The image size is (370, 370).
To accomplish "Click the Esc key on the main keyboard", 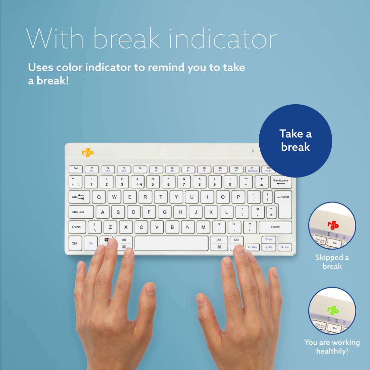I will [x=76, y=169].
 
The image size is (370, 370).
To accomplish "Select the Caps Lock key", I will [x=81, y=212].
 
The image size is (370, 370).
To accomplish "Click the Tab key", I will [x=79, y=197].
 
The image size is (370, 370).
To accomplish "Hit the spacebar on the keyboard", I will [x=172, y=243].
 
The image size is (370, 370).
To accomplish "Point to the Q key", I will [x=99, y=197].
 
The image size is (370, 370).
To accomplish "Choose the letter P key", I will [x=238, y=197].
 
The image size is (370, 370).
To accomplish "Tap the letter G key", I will [x=164, y=212].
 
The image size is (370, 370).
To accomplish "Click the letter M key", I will [x=203, y=227].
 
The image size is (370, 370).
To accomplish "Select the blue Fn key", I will [x=91, y=243].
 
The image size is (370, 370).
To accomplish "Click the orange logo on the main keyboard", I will [x=87, y=152].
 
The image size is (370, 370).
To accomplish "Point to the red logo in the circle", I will [x=333, y=225].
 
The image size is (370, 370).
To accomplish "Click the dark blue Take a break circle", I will [x=295, y=141].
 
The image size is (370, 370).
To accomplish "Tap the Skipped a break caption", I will [x=332, y=262].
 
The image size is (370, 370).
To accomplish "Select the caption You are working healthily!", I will [x=332, y=347].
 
